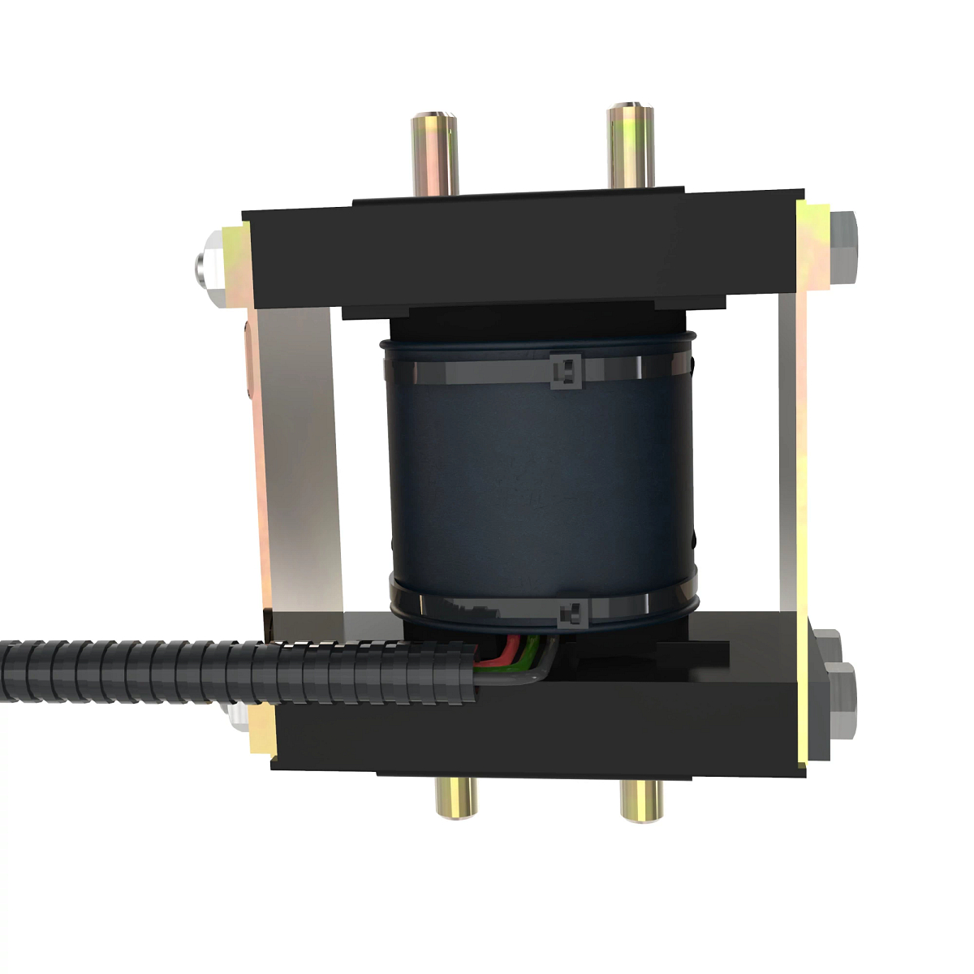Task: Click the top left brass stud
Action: tap(433, 154)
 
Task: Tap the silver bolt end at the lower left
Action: tap(238, 715)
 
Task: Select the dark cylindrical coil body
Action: tap(540, 487)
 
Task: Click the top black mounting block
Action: tap(519, 252)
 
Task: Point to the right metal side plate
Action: tap(791, 455)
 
